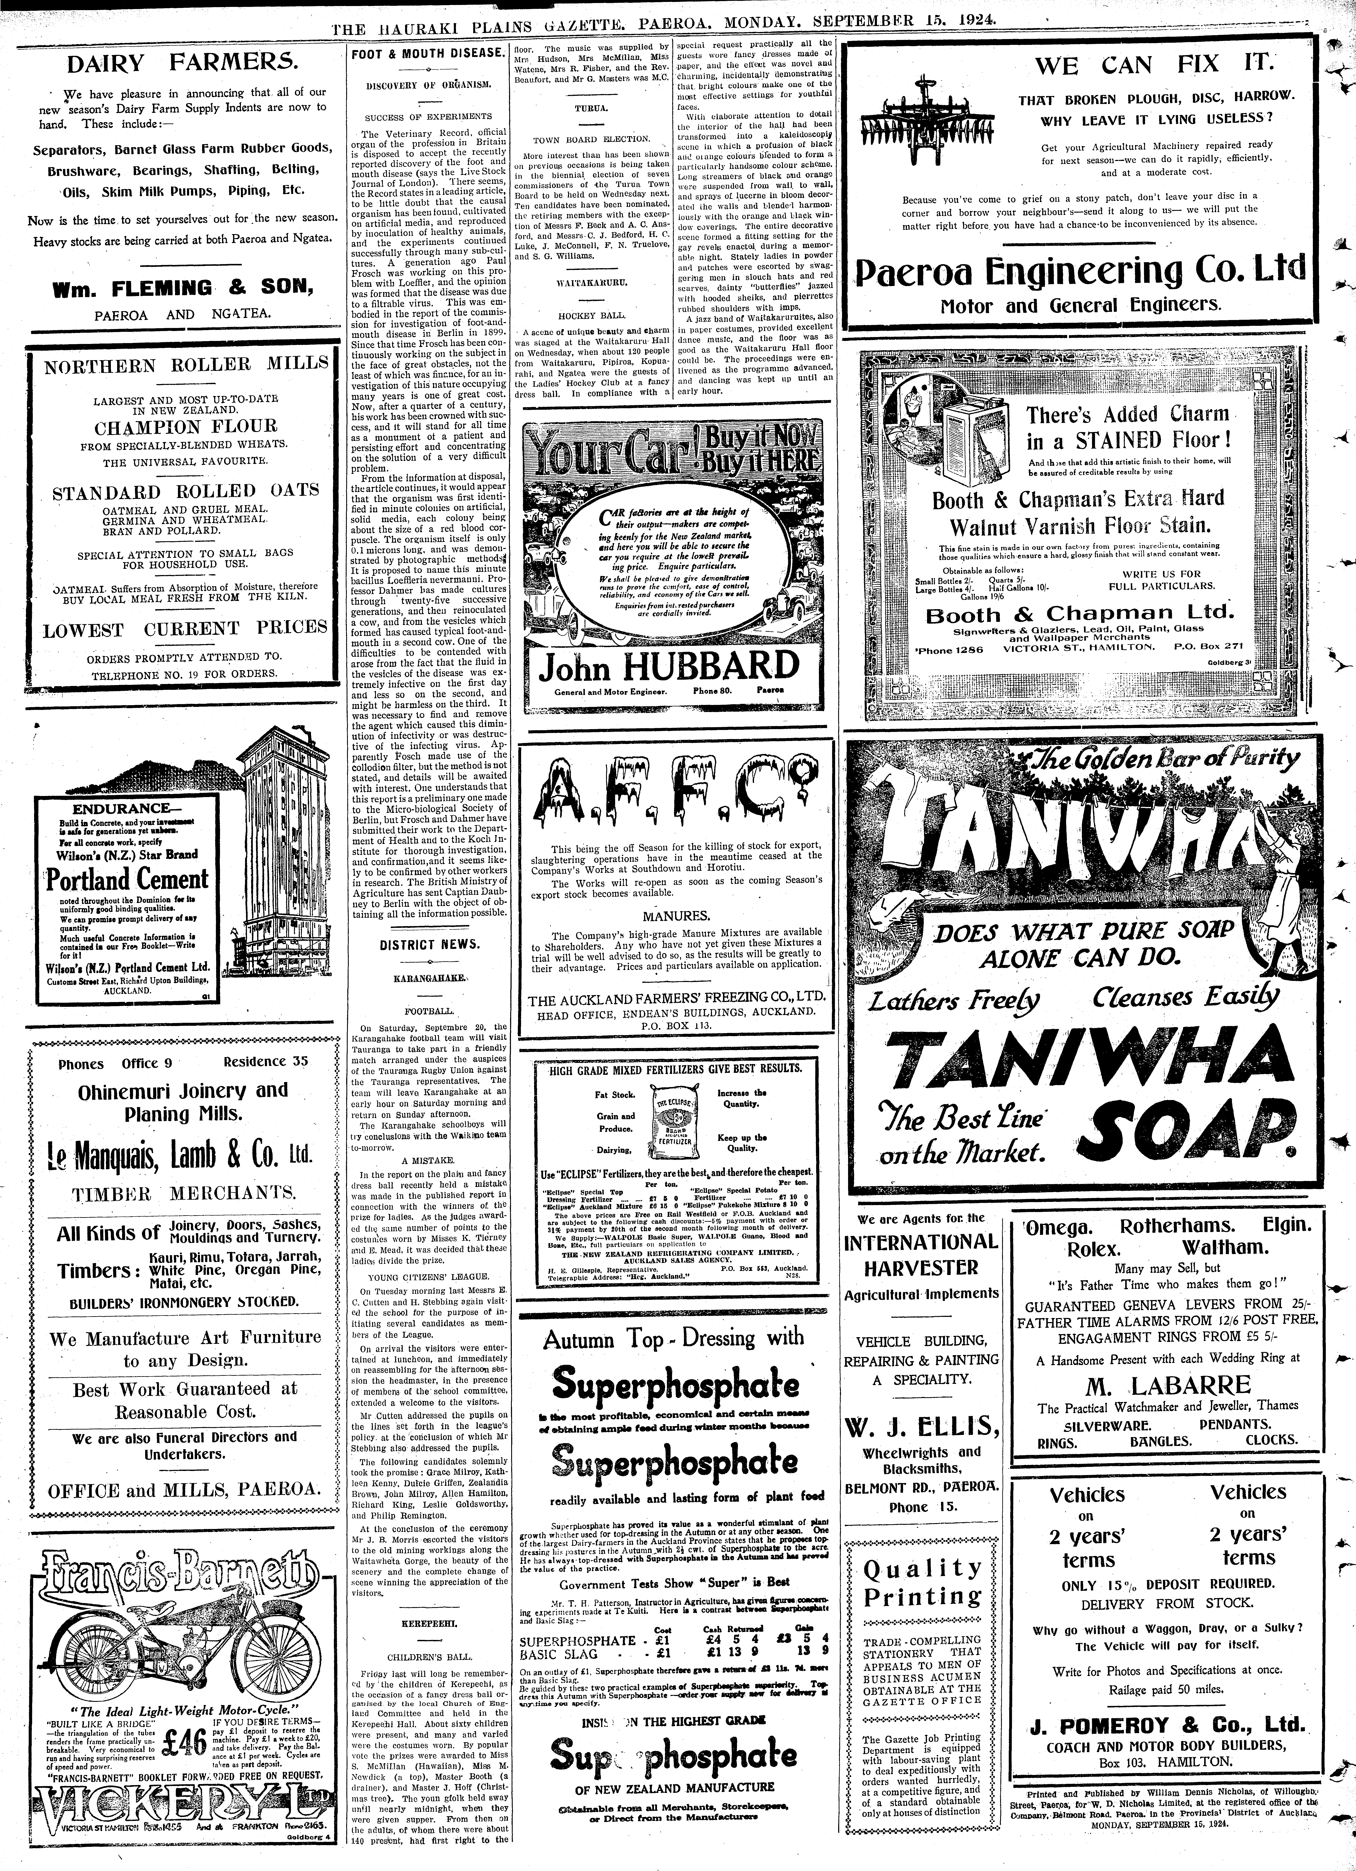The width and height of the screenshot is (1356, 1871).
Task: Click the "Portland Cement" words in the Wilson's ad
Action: (x=128, y=880)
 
